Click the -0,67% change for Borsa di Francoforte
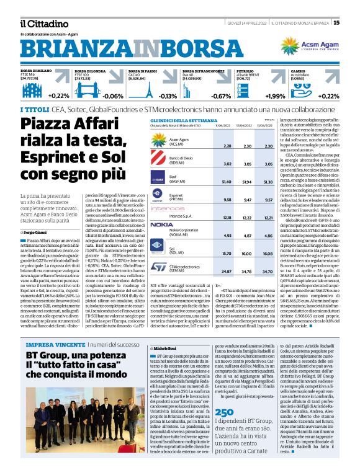coord(221,96)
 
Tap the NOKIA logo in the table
coord(162,224)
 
